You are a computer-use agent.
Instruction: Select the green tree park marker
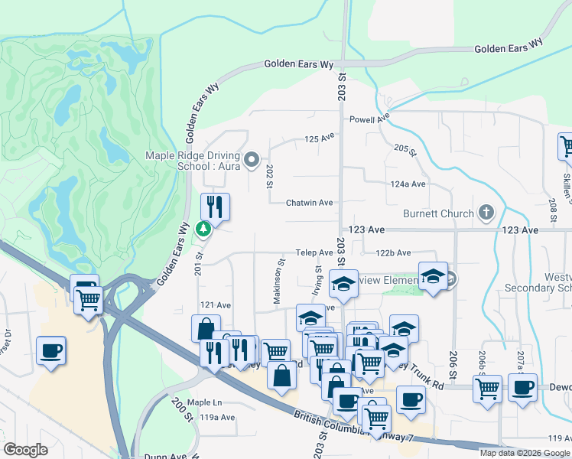203,228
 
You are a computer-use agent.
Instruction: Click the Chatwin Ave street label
309,203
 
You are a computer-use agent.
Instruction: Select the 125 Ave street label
320,138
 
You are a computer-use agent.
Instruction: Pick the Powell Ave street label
369,119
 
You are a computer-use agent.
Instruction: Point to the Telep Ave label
315,252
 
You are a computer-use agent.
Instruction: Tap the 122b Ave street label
393,252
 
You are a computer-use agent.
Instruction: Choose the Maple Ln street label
204,402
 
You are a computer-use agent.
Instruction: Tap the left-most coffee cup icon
51,351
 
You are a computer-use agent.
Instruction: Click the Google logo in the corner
26,449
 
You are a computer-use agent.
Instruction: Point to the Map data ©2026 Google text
524,453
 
